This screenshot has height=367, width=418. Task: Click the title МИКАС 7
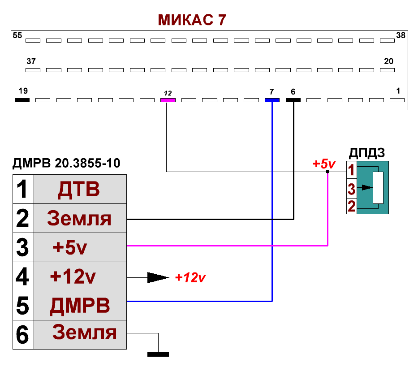pos(191,20)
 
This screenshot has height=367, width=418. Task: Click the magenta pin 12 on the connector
pos(168,100)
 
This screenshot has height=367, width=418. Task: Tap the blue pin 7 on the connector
pos(272,100)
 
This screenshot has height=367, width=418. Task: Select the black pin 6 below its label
pos(293,100)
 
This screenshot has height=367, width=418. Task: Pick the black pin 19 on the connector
pos(22,100)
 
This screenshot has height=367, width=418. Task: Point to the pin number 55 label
pos(17,35)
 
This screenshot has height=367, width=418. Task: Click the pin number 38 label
pos(401,35)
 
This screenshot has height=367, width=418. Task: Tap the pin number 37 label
pos(31,61)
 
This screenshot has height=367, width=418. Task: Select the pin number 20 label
pos(389,61)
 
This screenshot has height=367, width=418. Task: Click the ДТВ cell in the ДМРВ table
pos(79,190)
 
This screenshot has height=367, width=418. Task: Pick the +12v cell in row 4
pos(73,277)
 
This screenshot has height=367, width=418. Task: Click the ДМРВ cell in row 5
pos(80,306)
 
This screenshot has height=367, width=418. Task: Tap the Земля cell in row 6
pos(85,333)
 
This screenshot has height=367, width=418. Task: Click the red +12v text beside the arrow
pos(190,277)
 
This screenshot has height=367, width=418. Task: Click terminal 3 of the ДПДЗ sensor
pos(352,190)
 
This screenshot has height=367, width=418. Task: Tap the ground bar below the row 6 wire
pos(158,354)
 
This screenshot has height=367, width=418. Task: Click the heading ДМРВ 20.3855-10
pos(66,163)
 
